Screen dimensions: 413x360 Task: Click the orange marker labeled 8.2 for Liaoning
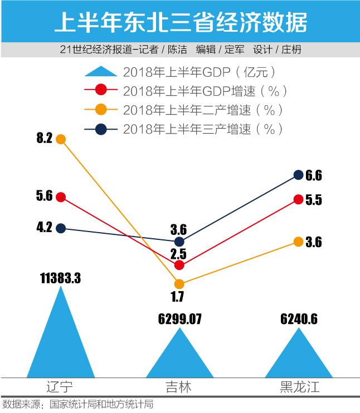[x=61, y=139]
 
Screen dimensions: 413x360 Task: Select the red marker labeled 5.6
[x=61, y=196]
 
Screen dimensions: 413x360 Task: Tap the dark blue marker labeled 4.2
[x=61, y=228]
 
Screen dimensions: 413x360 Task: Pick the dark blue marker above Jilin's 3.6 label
[x=179, y=242]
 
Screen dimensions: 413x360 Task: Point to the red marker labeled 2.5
[x=179, y=265]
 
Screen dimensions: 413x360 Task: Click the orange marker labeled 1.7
[x=179, y=284]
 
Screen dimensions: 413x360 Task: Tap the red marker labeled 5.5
[x=298, y=200]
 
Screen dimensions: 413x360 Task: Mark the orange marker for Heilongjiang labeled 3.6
[x=298, y=242]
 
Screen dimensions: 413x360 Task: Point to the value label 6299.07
[x=179, y=319]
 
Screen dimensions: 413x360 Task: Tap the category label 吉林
[x=179, y=387]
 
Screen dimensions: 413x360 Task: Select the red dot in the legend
[x=101, y=90]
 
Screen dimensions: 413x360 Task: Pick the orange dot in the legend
[x=101, y=109]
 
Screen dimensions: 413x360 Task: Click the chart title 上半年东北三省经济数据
[x=180, y=22]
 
